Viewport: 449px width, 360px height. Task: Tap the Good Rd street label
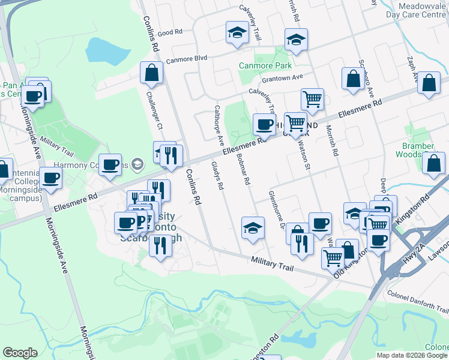tap(170, 32)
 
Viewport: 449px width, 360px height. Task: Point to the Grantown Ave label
tap(282, 78)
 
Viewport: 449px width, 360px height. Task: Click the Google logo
tap(20, 352)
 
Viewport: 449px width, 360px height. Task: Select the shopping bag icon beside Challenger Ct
tap(151, 73)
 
